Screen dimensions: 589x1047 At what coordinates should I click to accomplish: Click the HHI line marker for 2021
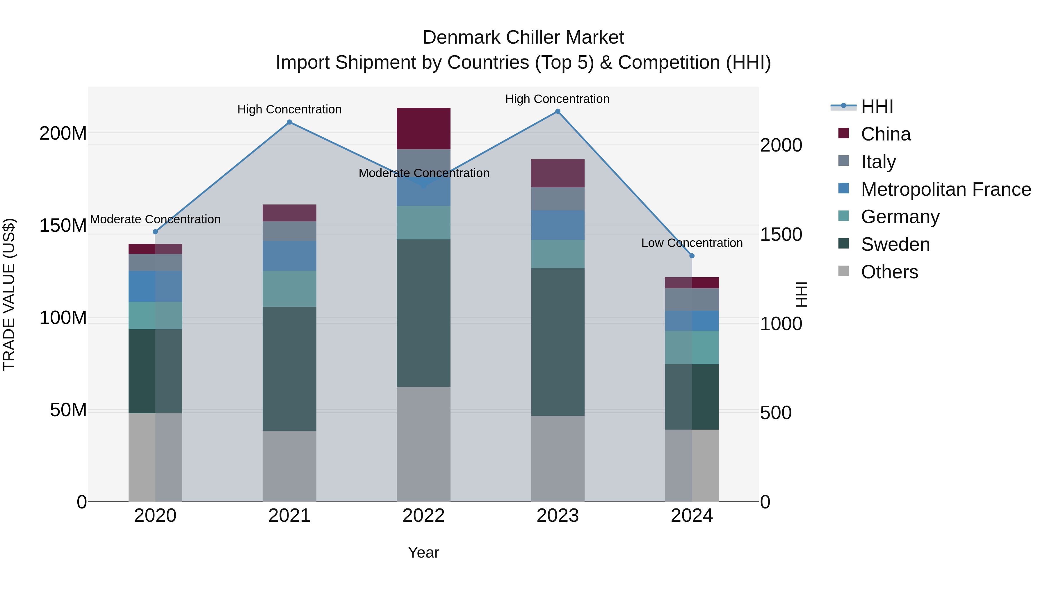[x=289, y=122]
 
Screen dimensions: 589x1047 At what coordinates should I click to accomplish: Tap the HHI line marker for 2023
[x=558, y=111]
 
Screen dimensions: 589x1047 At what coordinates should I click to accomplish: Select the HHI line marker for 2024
[x=692, y=256]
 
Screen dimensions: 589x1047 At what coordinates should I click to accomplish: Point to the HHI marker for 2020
[x=155, y=232]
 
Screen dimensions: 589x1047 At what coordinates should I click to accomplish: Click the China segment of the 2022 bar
[x=423, y=129]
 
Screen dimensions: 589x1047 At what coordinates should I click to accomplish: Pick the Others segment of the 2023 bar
[x=558, y=458]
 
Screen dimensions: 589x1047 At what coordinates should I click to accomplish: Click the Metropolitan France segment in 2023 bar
[x=558, y=225]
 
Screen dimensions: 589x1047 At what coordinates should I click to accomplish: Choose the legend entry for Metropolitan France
[x=945, y=189]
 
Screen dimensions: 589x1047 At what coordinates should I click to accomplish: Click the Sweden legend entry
[x=895, y=244]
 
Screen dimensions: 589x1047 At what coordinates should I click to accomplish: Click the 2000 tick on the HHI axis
[x=781, y=145]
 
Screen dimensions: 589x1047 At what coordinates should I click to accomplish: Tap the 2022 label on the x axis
[x=423, y=516]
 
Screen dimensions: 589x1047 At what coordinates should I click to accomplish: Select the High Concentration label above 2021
[x=289, y=109]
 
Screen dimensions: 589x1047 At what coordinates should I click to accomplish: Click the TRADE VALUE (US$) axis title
[x=9, y=294]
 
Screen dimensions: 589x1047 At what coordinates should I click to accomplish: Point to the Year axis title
[x=423, y=552]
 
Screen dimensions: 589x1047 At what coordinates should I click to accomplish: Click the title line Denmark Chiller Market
[x=523, y=38]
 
